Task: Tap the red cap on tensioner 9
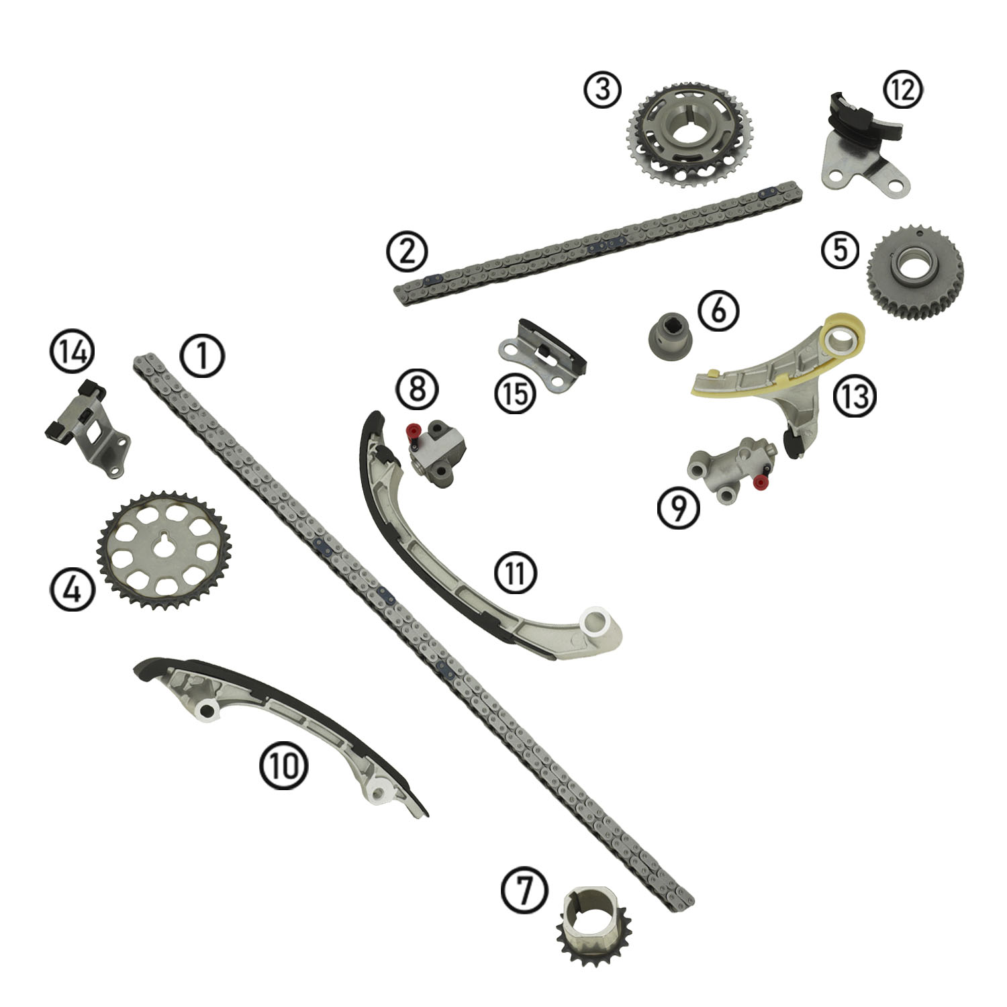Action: point(760,481)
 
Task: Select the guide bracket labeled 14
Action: point(87,430)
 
